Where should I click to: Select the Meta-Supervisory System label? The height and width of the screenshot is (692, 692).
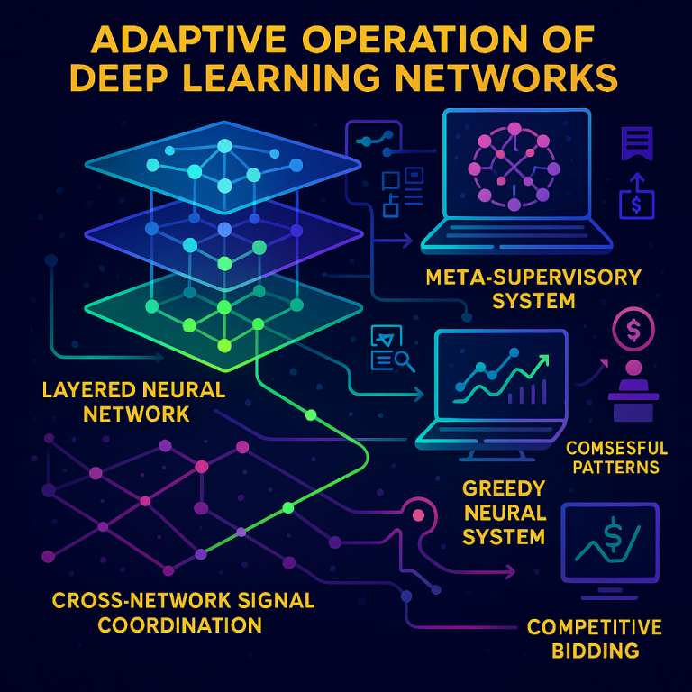533,287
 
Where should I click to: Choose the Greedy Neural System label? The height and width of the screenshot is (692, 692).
504,513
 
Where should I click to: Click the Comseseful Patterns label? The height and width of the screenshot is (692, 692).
616,457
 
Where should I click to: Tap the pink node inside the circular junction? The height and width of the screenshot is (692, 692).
418,515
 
